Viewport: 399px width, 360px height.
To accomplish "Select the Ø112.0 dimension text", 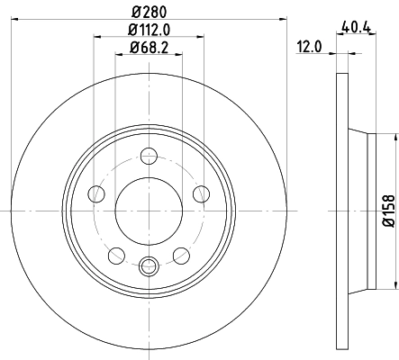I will pyautogui.click(x=148, y=30).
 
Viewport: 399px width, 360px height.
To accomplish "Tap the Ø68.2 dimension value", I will pyautogui.click(x=148, y=48).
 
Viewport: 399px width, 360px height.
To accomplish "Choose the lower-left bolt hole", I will pyautogui.click(x=116, y=255).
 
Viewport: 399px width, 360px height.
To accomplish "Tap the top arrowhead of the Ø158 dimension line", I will pyautogui.click(x=394, y=136).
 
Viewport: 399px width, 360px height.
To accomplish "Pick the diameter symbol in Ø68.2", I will pyautogui.click(x=131, y=48).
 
